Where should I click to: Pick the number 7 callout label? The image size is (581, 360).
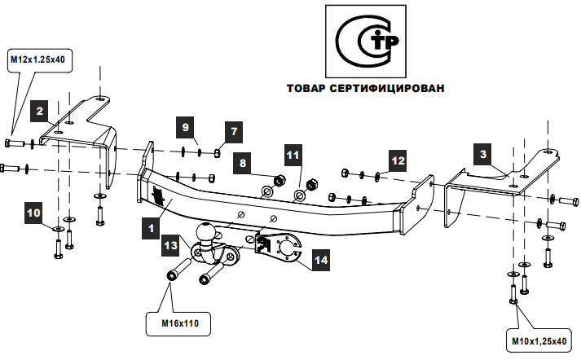(x=233, y=130)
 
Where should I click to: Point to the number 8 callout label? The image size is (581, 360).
(x=243, y=164)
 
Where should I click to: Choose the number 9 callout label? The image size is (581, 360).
(x=187, y=129)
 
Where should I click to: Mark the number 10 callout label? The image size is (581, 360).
(x=34, y=213)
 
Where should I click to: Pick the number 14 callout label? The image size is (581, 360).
(x=320, y=260)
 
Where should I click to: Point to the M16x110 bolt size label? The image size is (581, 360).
(x=179, y=324)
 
